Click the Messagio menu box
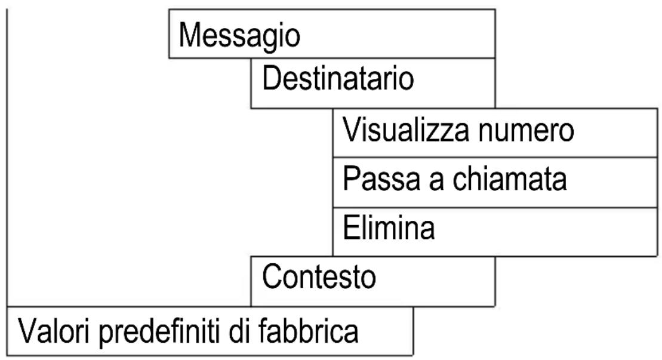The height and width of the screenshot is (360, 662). tap(332, 34)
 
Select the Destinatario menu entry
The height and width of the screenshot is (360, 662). tap(372, 83)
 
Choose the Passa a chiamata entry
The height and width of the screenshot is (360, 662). tap(495, 180)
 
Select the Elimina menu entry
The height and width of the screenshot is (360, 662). tap(495, 230)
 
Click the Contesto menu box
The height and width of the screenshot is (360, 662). tap(372, 281)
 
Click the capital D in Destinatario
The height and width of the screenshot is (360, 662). tap(269, 79)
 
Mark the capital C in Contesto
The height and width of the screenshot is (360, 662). tap(270, 277)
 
